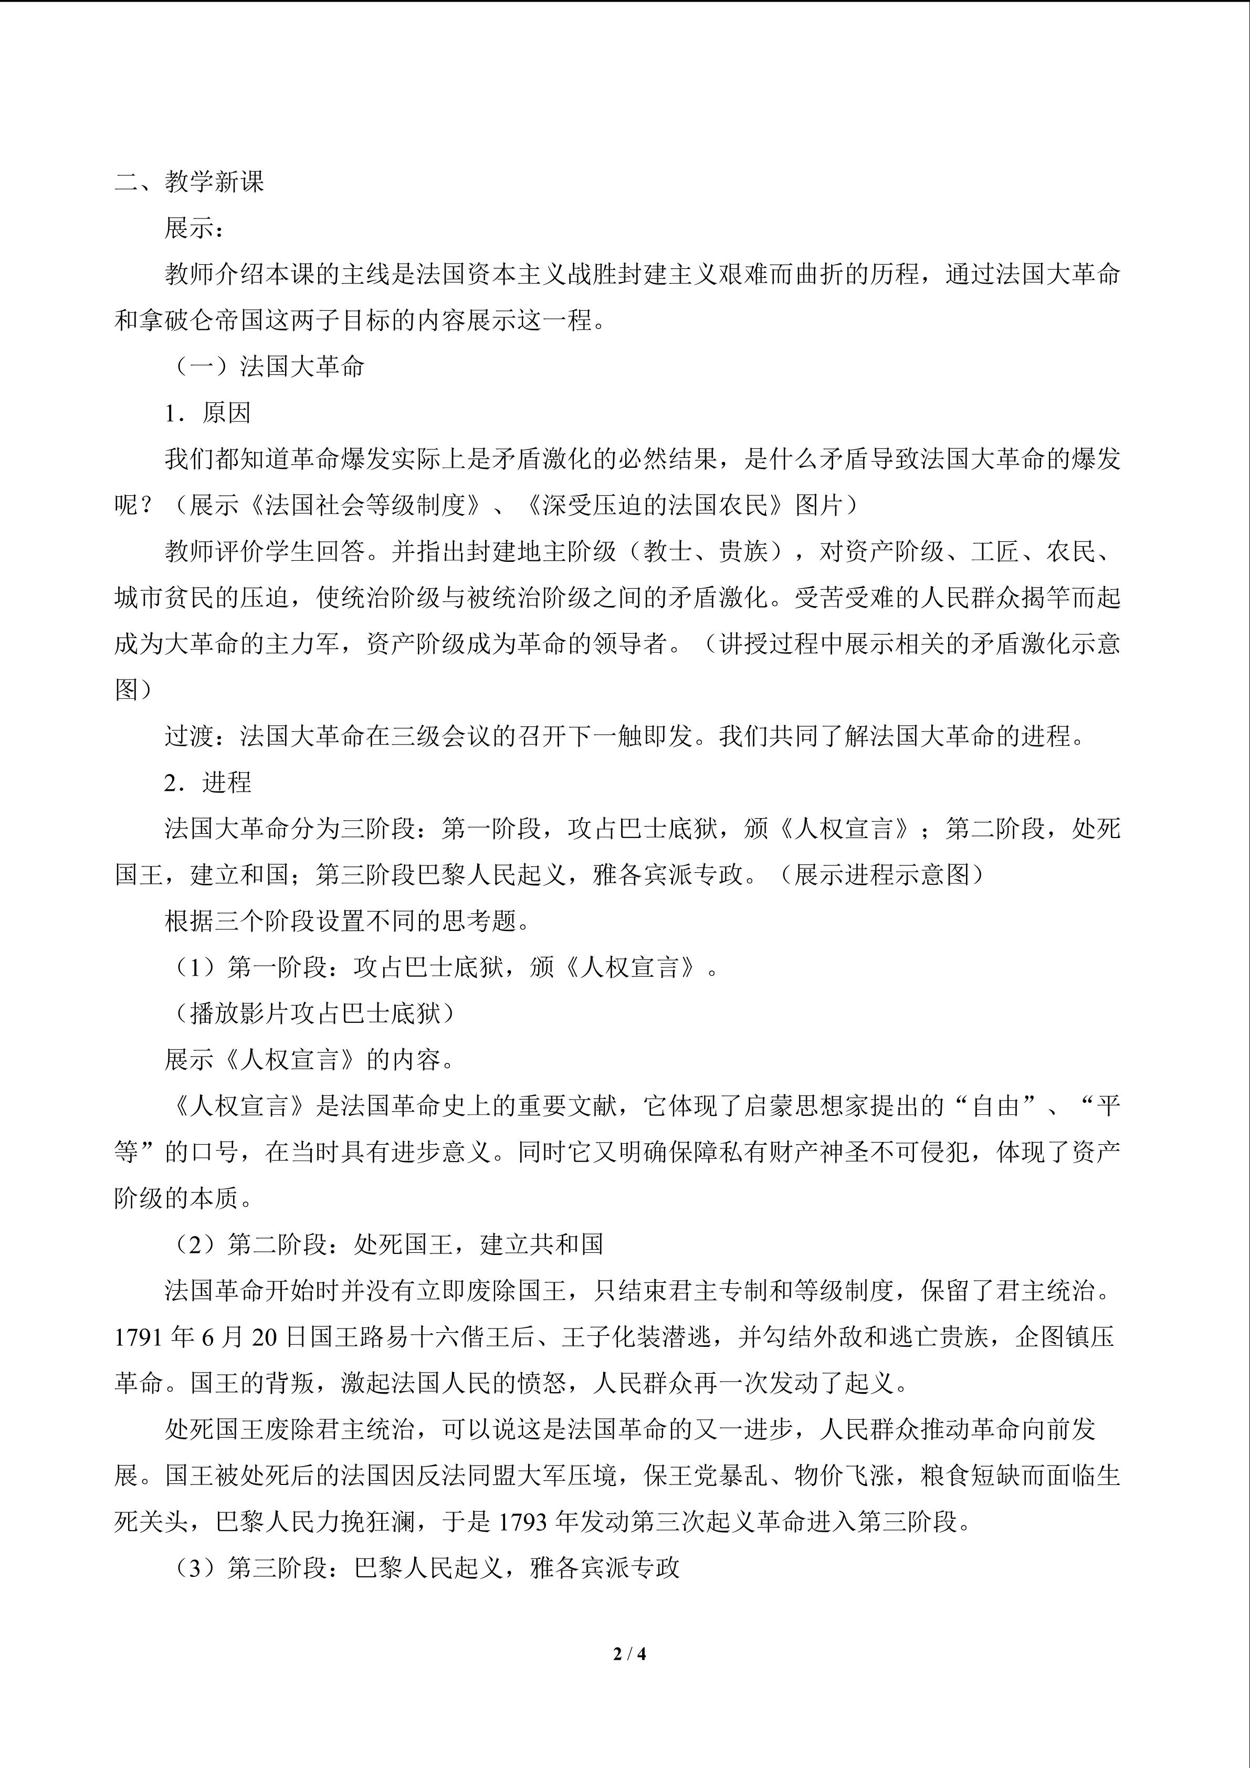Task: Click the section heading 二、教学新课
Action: click(190, 182)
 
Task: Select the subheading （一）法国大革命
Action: click(264, 367)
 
